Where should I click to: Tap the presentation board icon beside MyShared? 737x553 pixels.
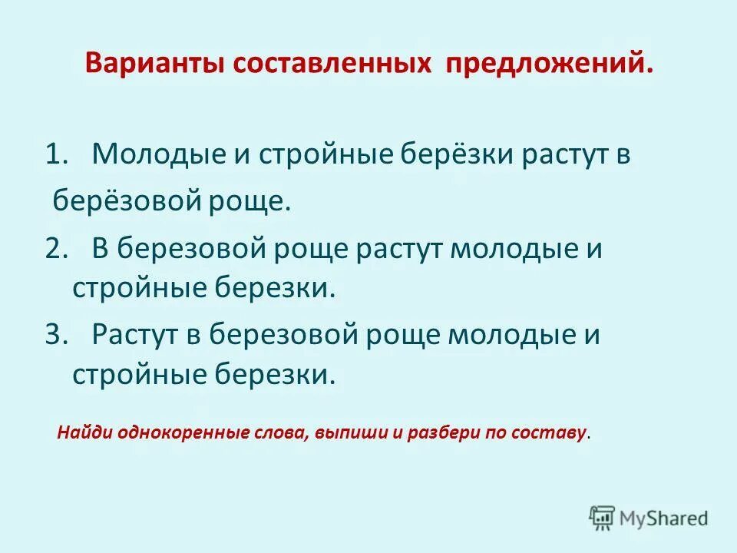pos(602,518)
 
